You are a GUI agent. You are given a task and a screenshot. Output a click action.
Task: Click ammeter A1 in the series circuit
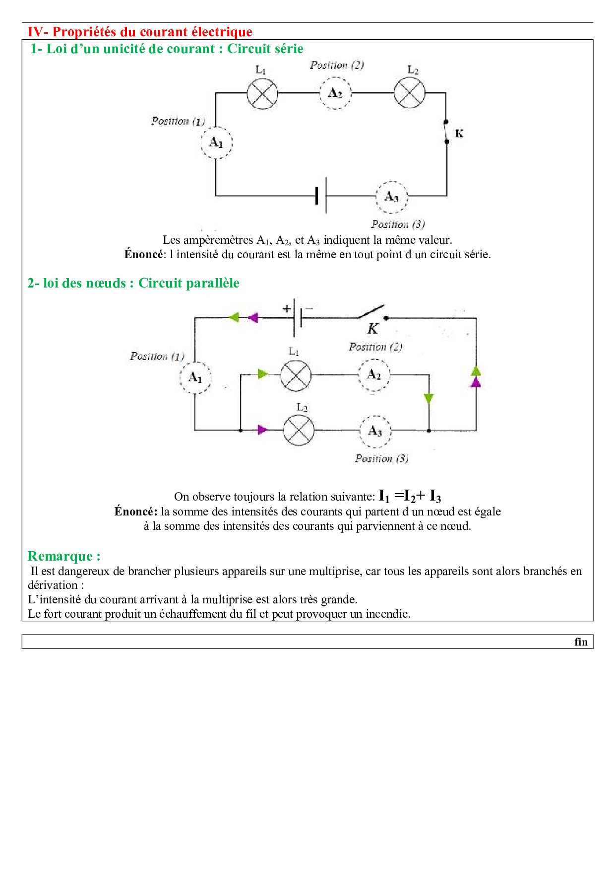216,143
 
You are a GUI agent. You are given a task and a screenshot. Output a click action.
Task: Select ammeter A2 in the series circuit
335,93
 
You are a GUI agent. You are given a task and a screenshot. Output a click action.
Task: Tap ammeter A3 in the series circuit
391,197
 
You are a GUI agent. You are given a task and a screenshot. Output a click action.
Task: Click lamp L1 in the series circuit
262,93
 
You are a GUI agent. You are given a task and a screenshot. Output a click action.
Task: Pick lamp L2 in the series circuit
409,93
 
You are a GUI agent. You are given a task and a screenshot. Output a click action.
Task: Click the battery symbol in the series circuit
321,196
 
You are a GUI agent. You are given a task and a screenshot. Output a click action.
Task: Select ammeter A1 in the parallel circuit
195,378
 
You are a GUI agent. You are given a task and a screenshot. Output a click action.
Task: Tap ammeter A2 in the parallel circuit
374,375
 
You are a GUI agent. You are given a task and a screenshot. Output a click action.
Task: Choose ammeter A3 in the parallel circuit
375,431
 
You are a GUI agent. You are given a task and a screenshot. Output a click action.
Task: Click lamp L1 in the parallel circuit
296,375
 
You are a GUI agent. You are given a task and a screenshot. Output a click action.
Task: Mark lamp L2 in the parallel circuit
299,430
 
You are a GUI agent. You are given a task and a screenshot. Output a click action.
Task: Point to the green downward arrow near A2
429,398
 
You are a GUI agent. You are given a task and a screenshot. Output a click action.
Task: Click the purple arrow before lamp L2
262,430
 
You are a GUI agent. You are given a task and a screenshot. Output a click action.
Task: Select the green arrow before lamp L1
262,374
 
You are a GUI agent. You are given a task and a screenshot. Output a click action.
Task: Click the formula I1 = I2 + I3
410,496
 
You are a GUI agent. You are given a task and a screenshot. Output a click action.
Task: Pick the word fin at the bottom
581,642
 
